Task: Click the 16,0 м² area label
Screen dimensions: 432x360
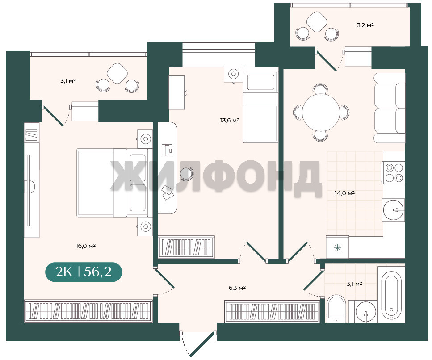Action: click(86, 246)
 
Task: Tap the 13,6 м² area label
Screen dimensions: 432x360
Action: click(230, 120)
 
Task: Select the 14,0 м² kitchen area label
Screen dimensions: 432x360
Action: click(344, 193)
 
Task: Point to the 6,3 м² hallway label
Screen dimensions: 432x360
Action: click(237, 288)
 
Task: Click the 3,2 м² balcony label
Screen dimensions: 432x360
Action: click(365, 25)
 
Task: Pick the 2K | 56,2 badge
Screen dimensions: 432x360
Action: click(84, 272)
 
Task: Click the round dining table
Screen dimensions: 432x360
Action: click(321, 113)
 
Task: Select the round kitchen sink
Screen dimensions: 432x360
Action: click(394, 210)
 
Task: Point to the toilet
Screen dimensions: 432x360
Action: click(336, 309)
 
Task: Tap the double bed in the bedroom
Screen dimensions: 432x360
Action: click(115, 183)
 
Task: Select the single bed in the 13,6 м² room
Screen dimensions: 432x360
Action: click(260, 105)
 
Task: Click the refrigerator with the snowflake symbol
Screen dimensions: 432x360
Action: click(337, 247)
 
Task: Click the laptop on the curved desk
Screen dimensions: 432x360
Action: click(167, 151)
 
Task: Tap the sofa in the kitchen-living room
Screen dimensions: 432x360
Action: click(389, 108)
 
